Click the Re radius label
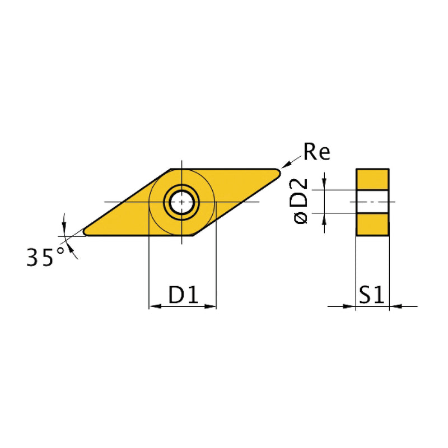316,152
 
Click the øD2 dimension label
301,201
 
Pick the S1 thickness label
372,295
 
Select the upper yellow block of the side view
372,179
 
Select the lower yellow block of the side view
372,224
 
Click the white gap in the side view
372,201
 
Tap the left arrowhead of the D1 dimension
153,306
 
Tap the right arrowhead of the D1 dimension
211,306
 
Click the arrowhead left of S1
349,306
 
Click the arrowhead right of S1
395,306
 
